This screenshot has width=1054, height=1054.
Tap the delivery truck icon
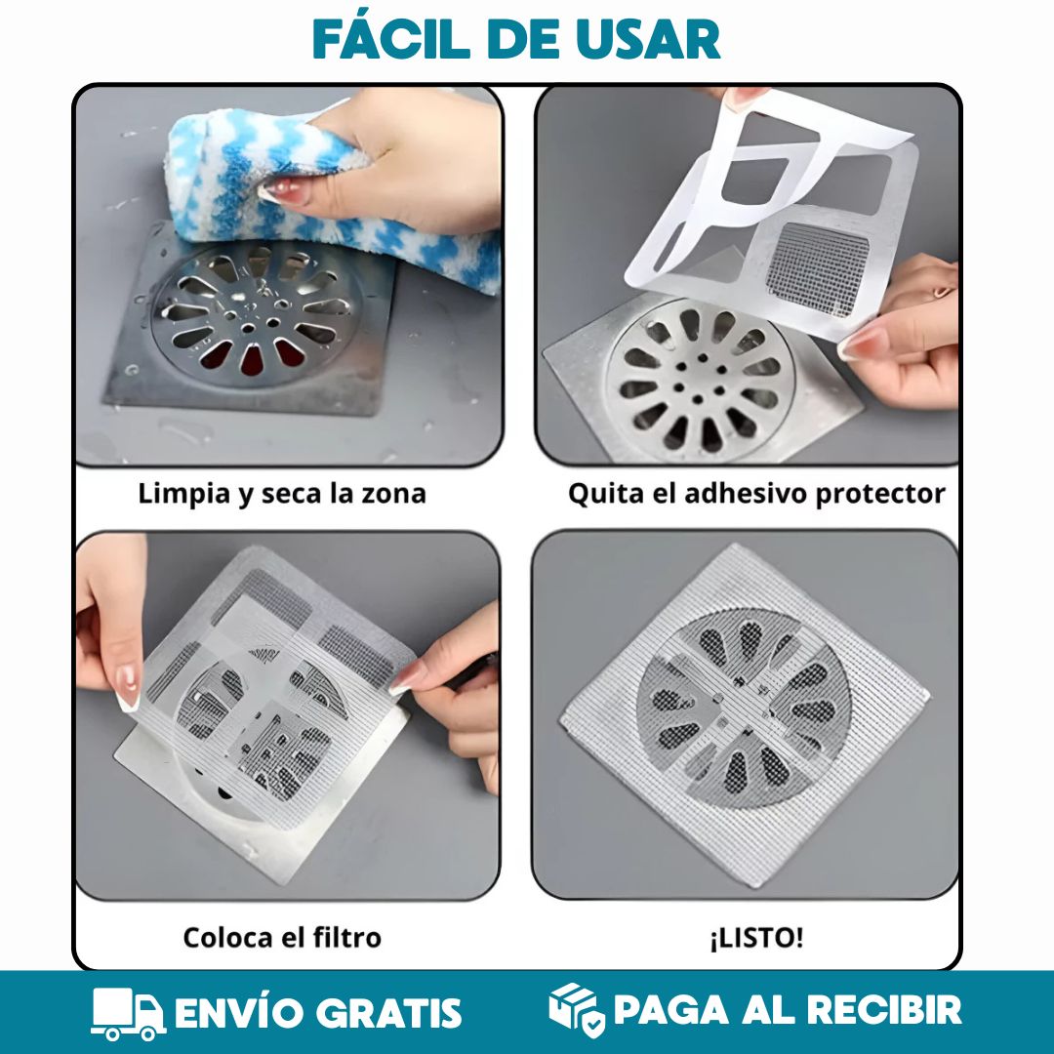[128, 1013]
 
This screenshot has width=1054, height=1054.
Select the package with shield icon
[576, 1011]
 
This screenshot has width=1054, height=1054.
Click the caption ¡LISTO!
[756, 938]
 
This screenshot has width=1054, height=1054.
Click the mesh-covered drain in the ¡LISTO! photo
[744, 708]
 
